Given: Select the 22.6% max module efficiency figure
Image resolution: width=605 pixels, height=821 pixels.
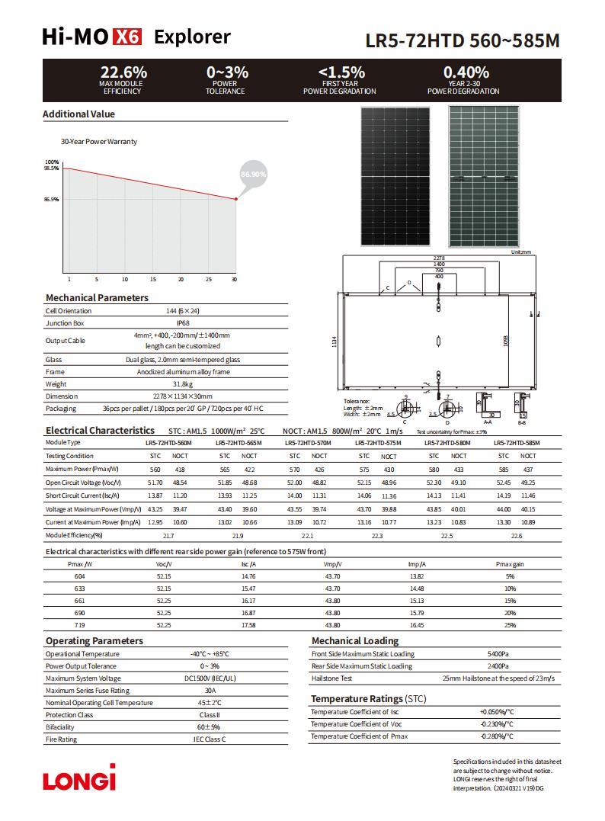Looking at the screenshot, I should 123,72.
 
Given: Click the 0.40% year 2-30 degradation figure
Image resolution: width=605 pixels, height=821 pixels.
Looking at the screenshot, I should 466,72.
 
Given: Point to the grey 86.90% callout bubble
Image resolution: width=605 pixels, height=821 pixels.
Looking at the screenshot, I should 254,175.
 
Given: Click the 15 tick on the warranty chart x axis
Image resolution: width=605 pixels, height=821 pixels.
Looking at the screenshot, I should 152,280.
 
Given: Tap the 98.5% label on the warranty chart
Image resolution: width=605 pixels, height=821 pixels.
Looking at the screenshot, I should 51,168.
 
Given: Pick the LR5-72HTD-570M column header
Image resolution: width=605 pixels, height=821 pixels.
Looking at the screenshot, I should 308,443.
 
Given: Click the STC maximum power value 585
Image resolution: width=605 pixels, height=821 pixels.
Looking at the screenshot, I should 504,470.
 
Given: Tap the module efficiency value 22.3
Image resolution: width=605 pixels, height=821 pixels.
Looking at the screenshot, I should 376,536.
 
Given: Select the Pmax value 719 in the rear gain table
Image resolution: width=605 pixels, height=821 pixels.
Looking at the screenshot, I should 79,625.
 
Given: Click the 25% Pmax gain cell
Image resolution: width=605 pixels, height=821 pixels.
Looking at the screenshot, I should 510,625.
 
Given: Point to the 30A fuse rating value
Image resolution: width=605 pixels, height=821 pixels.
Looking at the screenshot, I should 210,691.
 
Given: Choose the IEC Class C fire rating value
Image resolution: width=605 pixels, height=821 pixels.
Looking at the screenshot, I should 210,739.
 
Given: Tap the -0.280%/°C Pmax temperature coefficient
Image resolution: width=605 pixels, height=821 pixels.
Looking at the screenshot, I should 497,736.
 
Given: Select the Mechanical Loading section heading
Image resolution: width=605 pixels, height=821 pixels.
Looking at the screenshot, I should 354,641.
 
